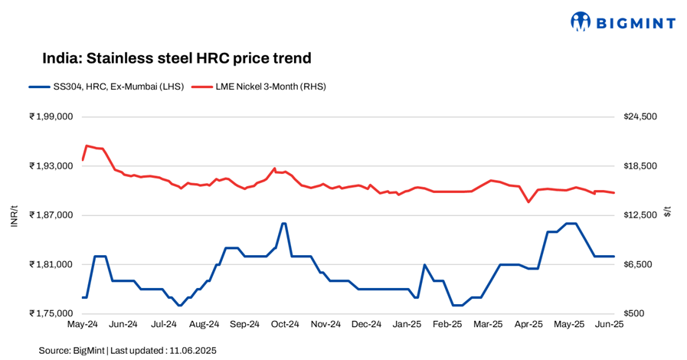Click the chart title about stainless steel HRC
click(x=176, y=58)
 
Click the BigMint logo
click(x=623, y=22)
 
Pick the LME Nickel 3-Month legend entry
click(x=258, y=87)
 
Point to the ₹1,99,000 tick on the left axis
click(x=51, y=116)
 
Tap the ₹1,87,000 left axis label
click(x=51, y=215)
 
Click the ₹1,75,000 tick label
click(x=51, y=313)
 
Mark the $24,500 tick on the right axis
click(x=641, y=116)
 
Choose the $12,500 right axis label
click(x=641, y=215)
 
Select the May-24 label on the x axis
click(x=83, y=324)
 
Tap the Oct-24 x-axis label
click(x=284, y=324)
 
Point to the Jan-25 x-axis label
click(x=406, y=324)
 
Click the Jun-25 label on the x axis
click(x=609, y=324)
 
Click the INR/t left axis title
click(x=13, y=215)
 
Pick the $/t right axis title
click(x=667, y=211)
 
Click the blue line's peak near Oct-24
click(x=284, y=223)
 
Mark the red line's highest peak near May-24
click(x=87, y=145)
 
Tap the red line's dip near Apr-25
click(x=528, y=202)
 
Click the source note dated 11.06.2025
click(x=128, y=351)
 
